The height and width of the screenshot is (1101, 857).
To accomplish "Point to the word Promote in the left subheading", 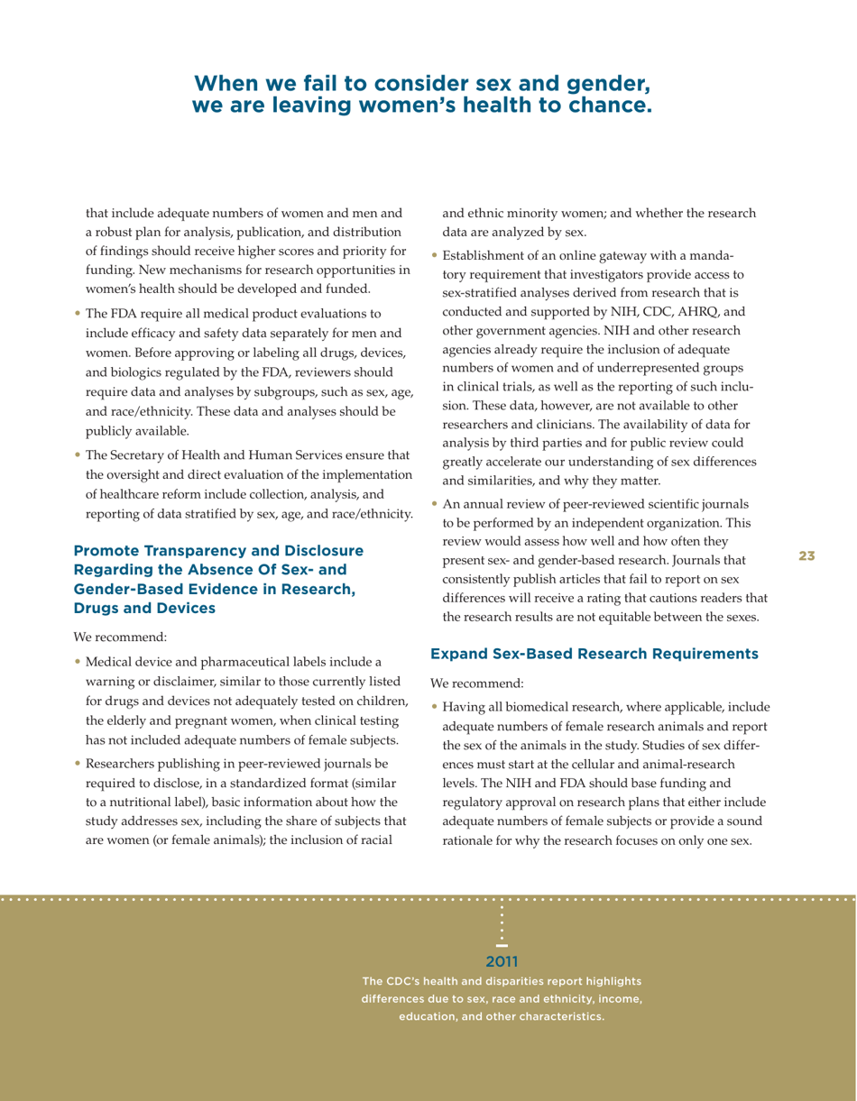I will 110,550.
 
